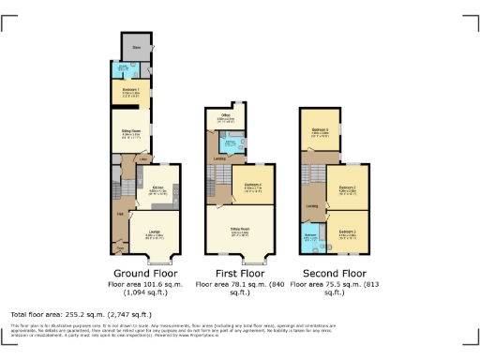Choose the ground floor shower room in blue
pyautogui.click(x=123, y=68)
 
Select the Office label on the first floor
pyautogui.click(x=225, y=116)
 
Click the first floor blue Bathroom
pyautogui.click(x=231, y=143)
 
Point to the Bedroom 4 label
pyautogui.click(x=252, y=186)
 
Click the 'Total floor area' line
pyautogui.click(x=81, y=313)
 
